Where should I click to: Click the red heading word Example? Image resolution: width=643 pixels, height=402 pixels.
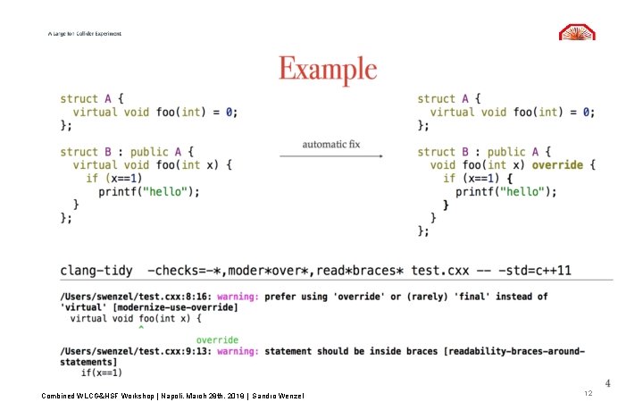tap(328, 70)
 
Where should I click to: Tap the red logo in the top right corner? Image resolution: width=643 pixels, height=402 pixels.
tap(577, 31)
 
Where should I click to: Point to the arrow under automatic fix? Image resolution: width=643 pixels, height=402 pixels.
tap(330, 156)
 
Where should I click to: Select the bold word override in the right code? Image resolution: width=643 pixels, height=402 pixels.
tap(557, 165)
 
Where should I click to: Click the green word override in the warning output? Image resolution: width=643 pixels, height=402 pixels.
tap(217, 339)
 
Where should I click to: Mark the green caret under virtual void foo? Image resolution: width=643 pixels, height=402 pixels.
tap(140, 329)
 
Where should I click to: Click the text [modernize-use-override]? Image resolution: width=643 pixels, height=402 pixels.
tap(161, 306)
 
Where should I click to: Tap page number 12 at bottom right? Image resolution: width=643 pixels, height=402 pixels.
tap(588, 393)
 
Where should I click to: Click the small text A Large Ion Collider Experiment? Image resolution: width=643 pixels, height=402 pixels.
tap(85, 34)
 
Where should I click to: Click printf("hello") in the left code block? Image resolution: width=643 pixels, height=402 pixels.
tap(149, 191)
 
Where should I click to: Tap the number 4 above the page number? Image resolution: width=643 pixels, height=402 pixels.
tap(607, 383)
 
